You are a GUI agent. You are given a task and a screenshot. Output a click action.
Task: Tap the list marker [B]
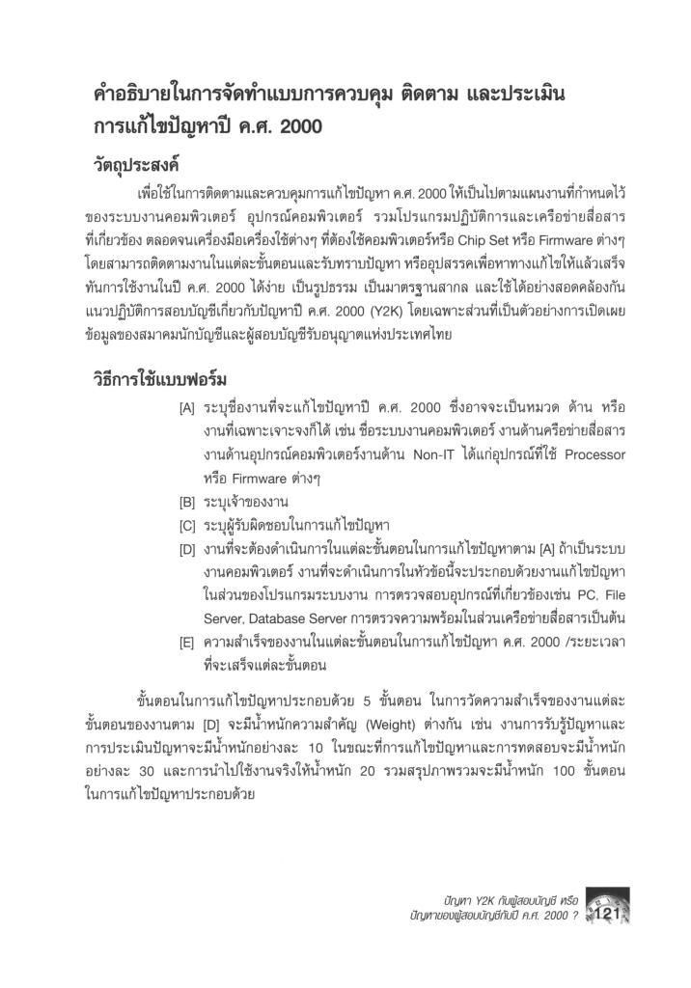187,502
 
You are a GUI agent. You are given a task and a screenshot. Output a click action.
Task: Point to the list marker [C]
187,526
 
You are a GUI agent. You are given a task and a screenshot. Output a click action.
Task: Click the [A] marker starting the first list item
187,407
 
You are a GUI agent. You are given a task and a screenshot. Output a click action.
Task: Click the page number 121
609,912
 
